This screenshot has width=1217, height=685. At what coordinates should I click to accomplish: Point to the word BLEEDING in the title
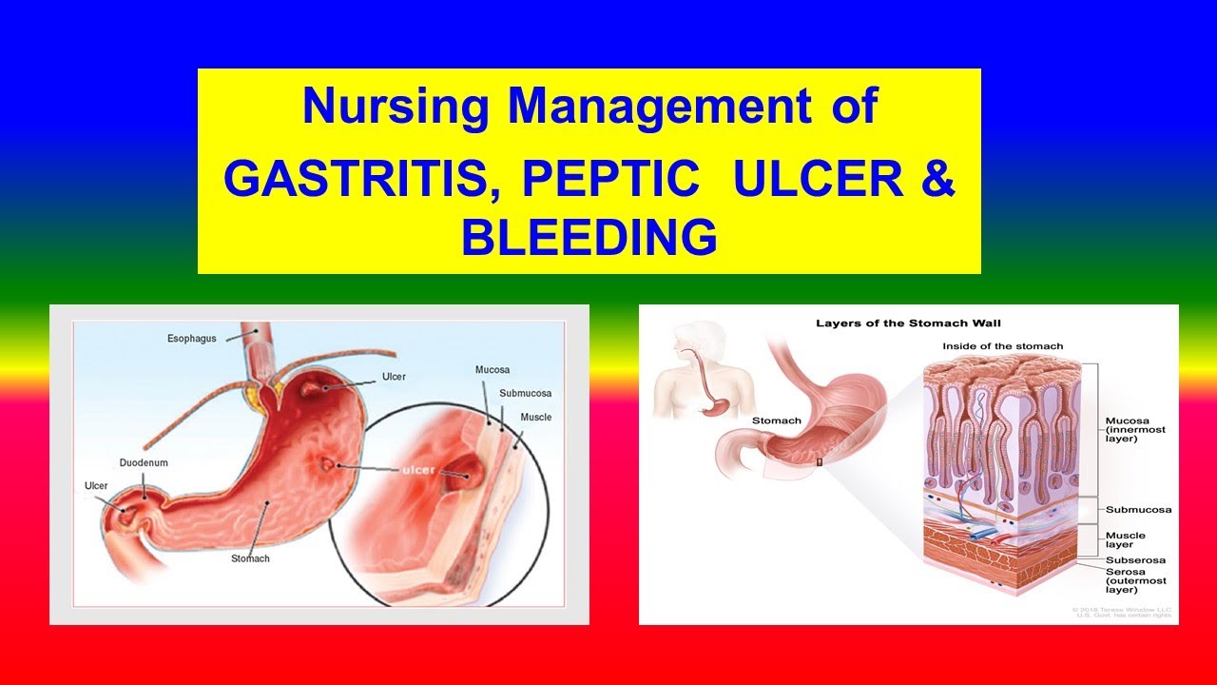(x=589, y=237)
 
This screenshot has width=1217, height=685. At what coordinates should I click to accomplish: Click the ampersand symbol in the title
(x=937, y=180)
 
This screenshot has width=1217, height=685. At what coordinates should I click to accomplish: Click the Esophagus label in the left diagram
(x=193, y=337)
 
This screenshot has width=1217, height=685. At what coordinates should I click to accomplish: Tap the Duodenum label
(x=144, y=462)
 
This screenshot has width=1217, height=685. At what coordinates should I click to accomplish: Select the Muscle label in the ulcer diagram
(x=535, y=417)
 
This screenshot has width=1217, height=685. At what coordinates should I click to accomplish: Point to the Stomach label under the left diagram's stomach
(x=250, y=558)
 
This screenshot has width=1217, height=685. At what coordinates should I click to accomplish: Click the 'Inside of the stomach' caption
(x=1002, y=346)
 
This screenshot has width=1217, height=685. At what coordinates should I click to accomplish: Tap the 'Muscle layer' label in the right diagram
(x=1125, y=540)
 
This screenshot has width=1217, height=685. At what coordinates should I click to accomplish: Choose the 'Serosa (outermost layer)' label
(x=1135, y=580)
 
